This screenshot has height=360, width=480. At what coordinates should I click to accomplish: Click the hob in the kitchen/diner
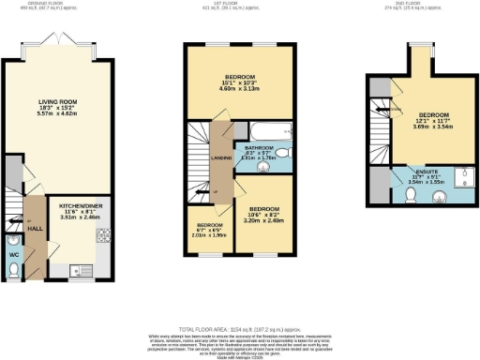point(106,235)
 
